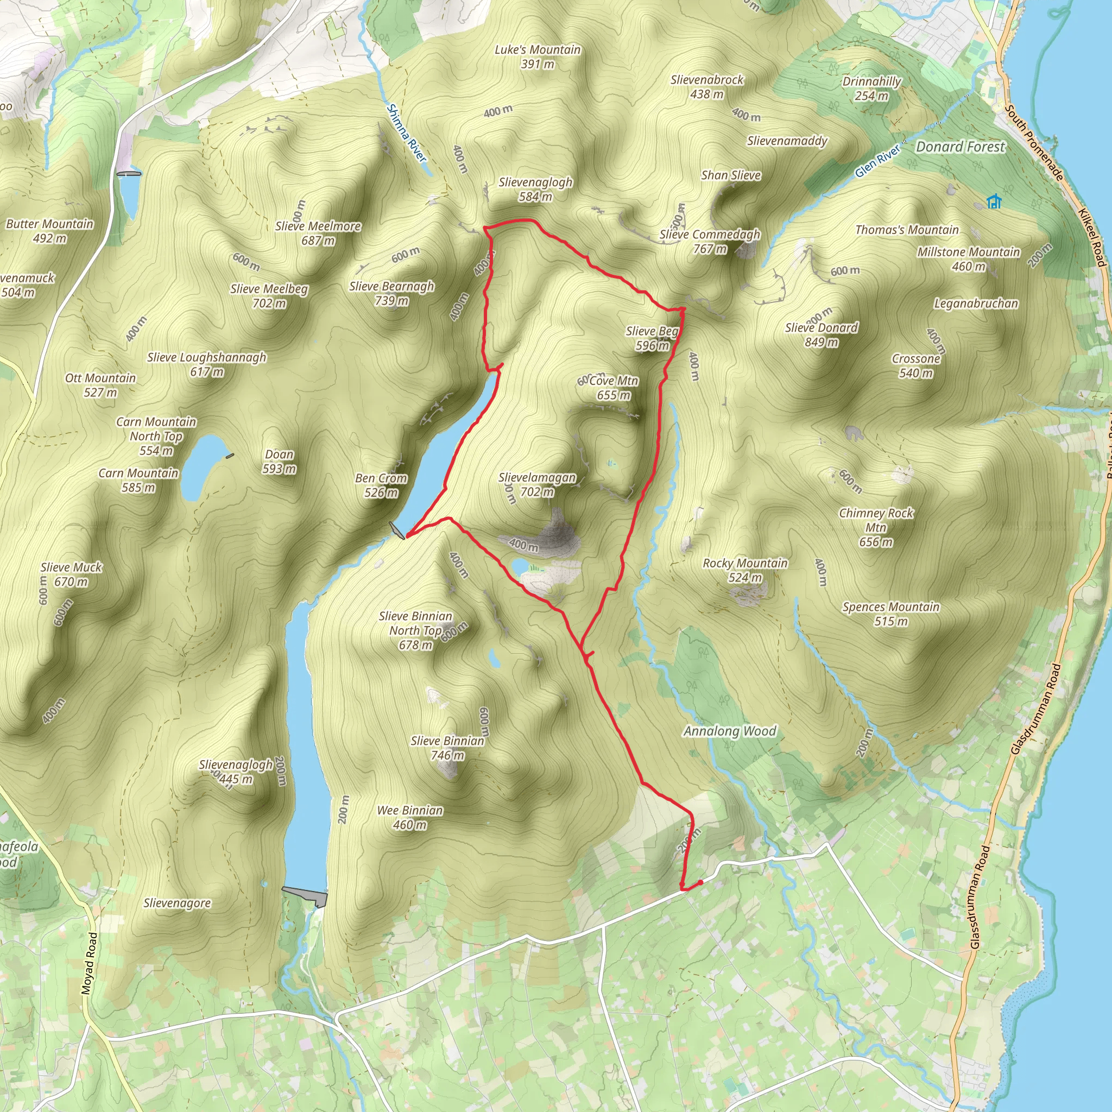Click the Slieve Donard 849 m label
click(822, 335)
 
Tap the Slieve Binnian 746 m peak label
click(447, 748)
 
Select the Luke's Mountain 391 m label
click(538, 57)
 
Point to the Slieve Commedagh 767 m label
click(710, 241)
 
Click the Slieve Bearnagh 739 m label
click(391, 293)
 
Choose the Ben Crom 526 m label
click(381, 485)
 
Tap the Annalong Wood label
click(730, 731)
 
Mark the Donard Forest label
click(960, 147)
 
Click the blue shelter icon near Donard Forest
click(994, 201)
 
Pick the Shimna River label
click(407, 133)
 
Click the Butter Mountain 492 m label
click(49, 231)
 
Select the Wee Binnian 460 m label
click(410, 817)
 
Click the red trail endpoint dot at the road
click(700, 883)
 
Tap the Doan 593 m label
click(279, 462)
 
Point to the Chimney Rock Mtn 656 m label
click(876, 527)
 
